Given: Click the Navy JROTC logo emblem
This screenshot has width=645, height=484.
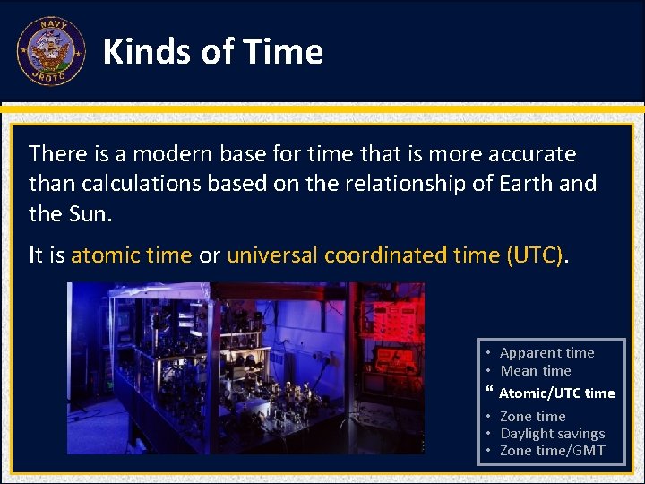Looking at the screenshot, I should (x=50, y=51).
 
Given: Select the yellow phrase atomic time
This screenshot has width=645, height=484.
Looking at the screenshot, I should (x=132, y=255).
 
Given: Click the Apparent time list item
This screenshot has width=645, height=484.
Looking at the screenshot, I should (x=546, y=353).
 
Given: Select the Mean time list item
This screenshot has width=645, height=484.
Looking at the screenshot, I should (x=536, y=371).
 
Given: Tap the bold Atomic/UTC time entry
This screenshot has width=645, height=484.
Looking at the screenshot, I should (x=556, y=393).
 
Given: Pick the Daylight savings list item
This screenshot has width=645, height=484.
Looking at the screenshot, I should (x=552, y=434).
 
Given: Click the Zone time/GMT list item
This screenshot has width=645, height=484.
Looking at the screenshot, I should (x=552, y=451).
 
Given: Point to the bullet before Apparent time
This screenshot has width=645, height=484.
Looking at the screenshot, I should (x=490, y=353).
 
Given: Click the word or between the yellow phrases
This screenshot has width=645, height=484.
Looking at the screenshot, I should (x=210, y=255).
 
